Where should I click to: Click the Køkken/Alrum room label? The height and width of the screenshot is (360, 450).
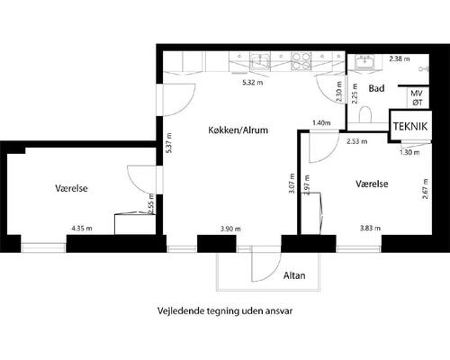(238, 130)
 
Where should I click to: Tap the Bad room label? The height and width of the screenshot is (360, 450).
(376, 88)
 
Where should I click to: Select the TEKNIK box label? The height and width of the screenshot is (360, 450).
(410, 126)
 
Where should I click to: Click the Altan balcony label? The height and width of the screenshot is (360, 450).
(294, 275)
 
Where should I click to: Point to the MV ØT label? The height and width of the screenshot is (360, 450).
(417, 98)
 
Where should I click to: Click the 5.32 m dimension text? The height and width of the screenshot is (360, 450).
(253, 83)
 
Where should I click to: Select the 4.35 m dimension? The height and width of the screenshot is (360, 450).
(82, 229)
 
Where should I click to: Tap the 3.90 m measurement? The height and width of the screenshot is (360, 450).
(230, 229)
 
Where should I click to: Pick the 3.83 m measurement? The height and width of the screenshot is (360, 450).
(370, 229)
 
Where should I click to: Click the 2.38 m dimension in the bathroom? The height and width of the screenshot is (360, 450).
(400, 58)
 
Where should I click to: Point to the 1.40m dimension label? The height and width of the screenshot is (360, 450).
(321, 122)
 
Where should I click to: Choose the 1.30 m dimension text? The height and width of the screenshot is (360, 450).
(409, 152)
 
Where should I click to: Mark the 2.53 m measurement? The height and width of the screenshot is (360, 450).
(357, 141)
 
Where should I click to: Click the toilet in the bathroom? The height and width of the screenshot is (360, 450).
(365, 114)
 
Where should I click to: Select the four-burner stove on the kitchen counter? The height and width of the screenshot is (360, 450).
(301, 61)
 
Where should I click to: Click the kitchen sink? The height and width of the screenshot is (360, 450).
(260, 61)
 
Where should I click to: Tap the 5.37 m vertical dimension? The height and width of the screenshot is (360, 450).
(169, 143)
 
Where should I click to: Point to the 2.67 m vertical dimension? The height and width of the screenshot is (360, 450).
(425, 189)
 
